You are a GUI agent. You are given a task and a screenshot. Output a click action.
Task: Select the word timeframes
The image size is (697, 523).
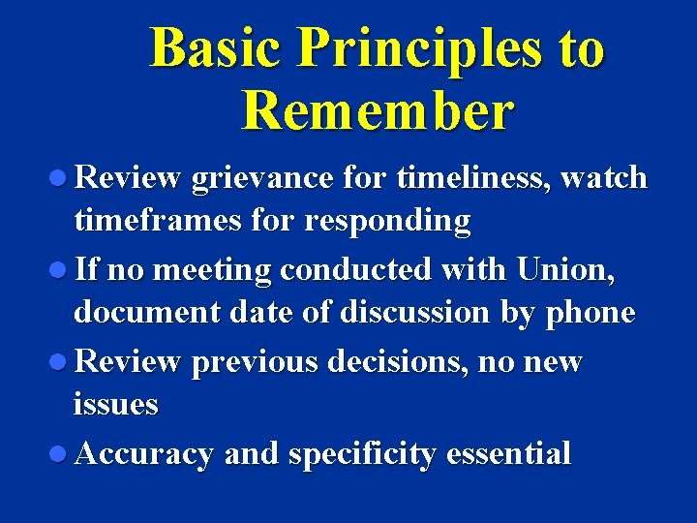point(154,221)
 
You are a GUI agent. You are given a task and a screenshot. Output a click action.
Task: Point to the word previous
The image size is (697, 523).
point(255,362)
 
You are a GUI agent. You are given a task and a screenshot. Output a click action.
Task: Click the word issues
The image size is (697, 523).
point(115,405)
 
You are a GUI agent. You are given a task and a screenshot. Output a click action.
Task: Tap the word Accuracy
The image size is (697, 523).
point(143,454)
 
